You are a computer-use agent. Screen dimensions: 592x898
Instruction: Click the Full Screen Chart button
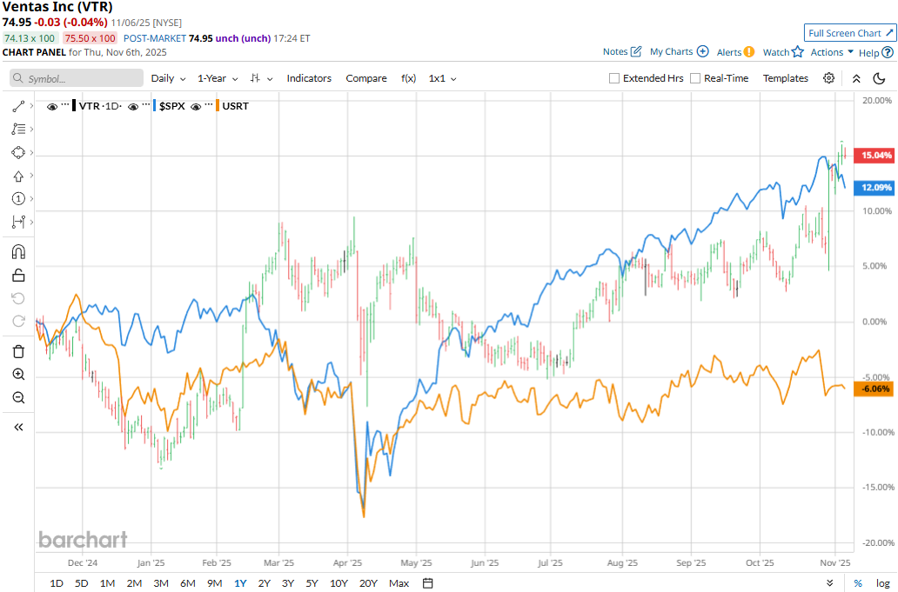850,33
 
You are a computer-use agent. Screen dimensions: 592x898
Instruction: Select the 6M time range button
187,583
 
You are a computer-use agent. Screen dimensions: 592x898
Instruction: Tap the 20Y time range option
367,583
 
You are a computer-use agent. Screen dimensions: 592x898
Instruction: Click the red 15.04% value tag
876,156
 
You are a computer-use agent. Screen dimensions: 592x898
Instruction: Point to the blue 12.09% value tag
876,188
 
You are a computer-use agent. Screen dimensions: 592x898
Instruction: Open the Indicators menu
309,78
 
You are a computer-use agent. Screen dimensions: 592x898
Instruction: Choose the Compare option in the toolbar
366,78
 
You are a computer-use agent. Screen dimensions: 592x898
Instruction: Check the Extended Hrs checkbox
614,78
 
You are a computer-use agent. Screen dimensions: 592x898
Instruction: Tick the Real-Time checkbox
695,78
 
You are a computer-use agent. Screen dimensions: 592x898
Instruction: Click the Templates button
786,78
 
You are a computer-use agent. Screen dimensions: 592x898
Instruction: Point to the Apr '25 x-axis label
349,562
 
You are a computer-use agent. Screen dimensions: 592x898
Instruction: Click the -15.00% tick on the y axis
876,488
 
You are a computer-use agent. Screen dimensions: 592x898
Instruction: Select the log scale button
883,583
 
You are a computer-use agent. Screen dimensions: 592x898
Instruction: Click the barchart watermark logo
83,540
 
